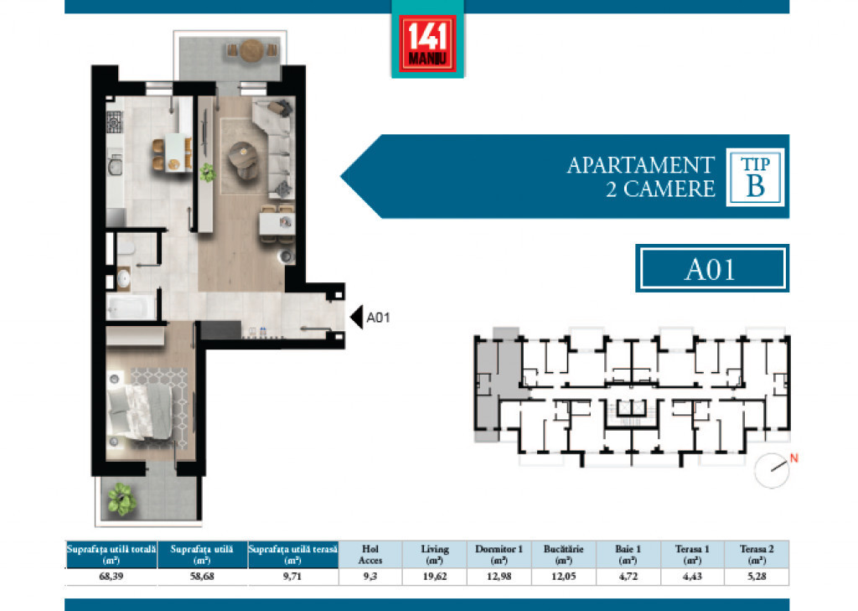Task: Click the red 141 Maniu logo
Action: tap(427, 44)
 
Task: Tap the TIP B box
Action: tap(755, 177)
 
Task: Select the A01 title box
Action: tap(712, 268)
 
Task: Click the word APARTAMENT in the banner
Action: tap(641, 165)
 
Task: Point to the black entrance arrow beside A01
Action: tap(356, 317)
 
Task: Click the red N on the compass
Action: tap(794, 458)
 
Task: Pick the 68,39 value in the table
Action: tap(111, 577)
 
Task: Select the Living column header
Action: tap(435, 554)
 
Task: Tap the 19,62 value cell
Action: tap(435, 577)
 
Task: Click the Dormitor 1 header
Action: tap(499, 554)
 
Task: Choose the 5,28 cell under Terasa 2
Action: tap(757, 577)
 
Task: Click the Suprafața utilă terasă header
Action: tap(292, 554)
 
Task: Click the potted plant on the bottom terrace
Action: tap(121, 499)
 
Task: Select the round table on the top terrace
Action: tap(251, 51)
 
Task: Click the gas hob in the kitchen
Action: tap(114, 122)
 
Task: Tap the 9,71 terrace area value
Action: tap(292, 577)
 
